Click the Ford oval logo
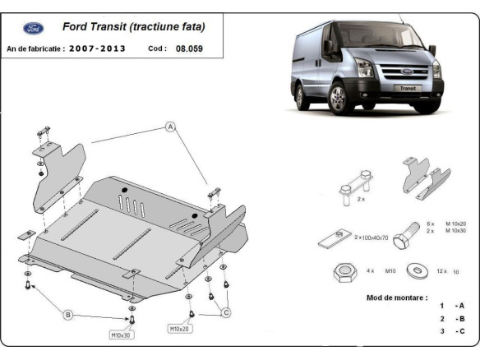point(34,29)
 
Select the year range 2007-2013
point(98,48)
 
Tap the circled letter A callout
point(171,127)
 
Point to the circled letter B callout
point(68,314)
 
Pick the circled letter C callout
point(226,312)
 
